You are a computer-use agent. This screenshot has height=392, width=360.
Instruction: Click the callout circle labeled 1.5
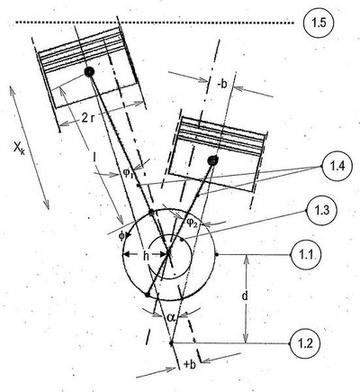click(319, 23)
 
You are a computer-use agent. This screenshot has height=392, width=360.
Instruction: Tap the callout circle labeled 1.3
click(322, 211)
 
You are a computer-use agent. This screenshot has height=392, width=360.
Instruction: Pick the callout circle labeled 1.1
click(306, 255)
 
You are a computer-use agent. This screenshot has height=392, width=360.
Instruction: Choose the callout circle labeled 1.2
click(305, 343)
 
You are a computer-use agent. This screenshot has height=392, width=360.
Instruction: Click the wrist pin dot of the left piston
click(89, 72)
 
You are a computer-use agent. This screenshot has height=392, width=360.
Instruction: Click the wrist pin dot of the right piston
click(213, 160)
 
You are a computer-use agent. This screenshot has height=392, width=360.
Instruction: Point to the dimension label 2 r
click(88, 119)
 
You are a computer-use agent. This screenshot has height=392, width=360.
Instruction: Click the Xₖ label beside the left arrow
click(19, 149)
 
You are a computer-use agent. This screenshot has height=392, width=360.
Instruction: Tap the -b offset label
click(221, 85)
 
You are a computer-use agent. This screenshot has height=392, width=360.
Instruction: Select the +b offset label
click(190, 365)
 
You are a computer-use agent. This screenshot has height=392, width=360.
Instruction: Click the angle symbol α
click(172, 317)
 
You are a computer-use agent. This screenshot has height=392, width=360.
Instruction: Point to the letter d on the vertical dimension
click(245, 296)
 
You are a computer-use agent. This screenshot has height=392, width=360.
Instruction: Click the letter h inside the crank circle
click(146, 256)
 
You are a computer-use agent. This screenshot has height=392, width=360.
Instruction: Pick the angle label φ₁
click(128, 172)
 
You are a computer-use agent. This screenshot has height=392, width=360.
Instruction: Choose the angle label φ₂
click(192, 223)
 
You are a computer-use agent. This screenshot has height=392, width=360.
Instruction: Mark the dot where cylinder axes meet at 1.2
click(171, 342)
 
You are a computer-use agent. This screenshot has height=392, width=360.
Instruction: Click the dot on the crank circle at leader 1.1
click(217, 255)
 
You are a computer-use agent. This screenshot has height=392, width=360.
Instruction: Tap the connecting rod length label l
click(95, 158)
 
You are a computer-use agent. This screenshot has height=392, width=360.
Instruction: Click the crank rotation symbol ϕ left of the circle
click(121, 236)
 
